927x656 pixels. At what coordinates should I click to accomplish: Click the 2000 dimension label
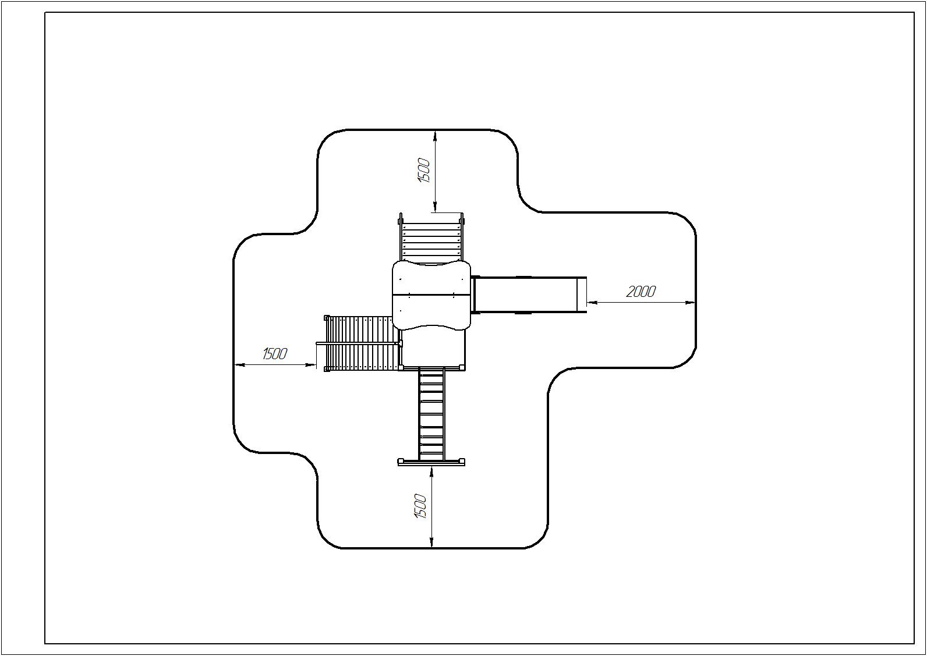coord(641,292)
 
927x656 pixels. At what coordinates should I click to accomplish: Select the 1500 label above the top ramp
coord(424,171)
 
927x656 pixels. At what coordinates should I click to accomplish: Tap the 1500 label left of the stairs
coord(275,354)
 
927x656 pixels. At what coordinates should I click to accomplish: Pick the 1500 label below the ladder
coord(420,506)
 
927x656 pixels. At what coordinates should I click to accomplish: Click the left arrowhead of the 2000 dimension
coord(592,302)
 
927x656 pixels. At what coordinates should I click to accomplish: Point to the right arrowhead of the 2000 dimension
coord(690,302)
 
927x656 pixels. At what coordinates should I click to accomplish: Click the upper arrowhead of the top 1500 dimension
coord(435,135)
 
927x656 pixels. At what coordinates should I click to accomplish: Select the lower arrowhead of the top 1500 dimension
coord(435,207)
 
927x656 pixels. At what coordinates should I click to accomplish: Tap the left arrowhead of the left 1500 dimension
coord(239,364)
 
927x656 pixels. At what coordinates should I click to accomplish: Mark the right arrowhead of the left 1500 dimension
coord(311,364)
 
